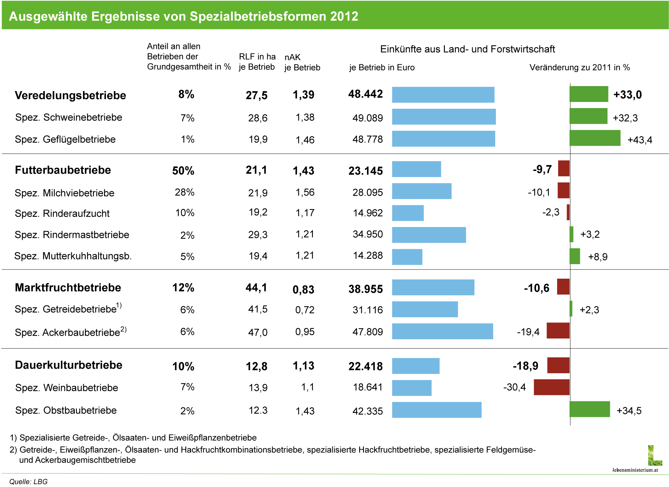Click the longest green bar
(595, 138)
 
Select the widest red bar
(551, 387)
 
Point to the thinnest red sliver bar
(568, 212)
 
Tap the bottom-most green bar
(589, 409)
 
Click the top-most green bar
(589, 94)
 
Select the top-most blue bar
(443, 95)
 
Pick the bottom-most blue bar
(437, 410)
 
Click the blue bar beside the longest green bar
(444, 139)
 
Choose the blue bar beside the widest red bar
(412, 388)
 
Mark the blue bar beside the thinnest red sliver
(408, 213)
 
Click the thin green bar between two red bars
(571, 309)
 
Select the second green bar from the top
(588, 116)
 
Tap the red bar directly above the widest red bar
(558, 365)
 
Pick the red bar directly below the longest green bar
(564, 168)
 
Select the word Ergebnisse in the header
(125, 16)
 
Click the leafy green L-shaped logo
(654, 456)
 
